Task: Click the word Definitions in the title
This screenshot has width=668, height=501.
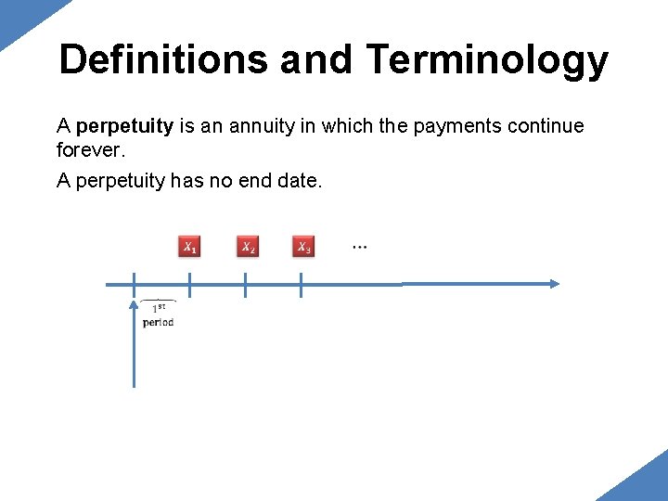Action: click(163, 59)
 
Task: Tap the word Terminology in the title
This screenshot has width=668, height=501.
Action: click(487, 61)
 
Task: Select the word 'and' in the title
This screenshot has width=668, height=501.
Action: click(315, 59)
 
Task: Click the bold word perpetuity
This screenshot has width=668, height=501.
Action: click(125, 126)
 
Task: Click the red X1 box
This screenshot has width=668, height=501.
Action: click(189, 247)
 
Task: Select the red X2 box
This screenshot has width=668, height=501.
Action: click(247, 247)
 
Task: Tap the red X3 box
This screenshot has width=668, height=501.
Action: click(303, 247)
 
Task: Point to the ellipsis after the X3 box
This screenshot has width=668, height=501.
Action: click(359, 247)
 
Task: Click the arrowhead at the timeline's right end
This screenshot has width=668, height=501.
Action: click(554, 284)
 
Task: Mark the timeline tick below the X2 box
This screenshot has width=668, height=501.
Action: click(245, 285)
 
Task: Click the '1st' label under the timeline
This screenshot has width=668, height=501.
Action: click(160, 308)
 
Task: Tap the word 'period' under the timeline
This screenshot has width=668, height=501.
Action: click(158, 323)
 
